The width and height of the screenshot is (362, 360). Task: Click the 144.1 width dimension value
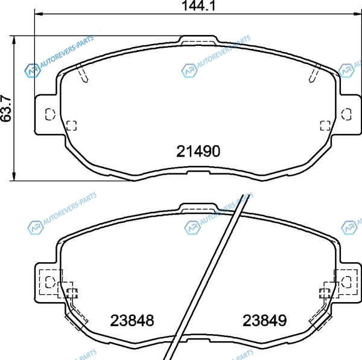point(198,5)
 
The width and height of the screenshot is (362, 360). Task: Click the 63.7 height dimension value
point(6,108)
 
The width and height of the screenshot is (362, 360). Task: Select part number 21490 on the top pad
point(198,152)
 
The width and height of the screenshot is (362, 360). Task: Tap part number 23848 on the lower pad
point(132,321)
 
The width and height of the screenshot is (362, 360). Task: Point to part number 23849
point(265,321)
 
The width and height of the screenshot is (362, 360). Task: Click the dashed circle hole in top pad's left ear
point(50,114)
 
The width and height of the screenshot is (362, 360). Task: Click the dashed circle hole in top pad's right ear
point(346,114)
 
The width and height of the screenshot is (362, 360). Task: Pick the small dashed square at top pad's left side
point(72,126)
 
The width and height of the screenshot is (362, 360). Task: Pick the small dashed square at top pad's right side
point(325,126)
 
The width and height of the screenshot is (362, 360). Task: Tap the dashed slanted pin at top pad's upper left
point(82,73)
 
